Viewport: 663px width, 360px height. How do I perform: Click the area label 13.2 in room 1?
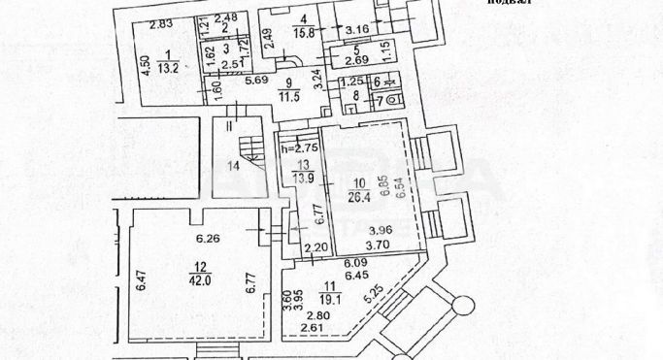168,67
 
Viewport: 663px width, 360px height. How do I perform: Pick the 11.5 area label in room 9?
283,97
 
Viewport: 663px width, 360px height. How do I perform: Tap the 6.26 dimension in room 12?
209,241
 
